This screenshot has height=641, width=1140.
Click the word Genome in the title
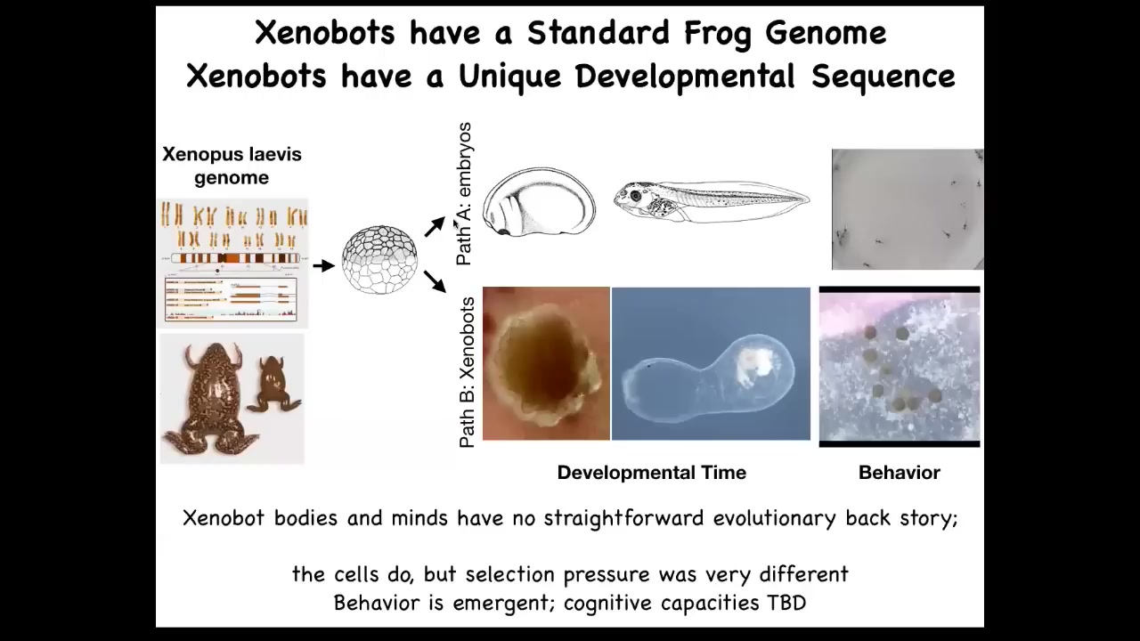pos(826,34)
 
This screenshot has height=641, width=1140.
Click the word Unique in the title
pos(510,77)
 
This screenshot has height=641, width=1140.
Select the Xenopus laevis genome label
pos(232,166)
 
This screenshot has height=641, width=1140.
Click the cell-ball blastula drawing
pos(379,259)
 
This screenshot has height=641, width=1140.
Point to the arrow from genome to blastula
pos(323,265)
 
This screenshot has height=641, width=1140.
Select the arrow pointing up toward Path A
pos(436,226)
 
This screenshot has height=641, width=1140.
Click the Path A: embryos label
pos(464,194)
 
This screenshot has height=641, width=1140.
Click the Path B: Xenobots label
pos(466,372)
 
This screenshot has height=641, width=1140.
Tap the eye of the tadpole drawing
pos(635,195)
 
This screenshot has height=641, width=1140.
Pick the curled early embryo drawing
pos(539,202)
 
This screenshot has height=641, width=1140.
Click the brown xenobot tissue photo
pos(546,363)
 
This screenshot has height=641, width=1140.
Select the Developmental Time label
pos(651,473)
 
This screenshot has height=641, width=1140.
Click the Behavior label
pos(900,473)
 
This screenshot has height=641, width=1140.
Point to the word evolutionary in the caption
pos(774,518)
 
